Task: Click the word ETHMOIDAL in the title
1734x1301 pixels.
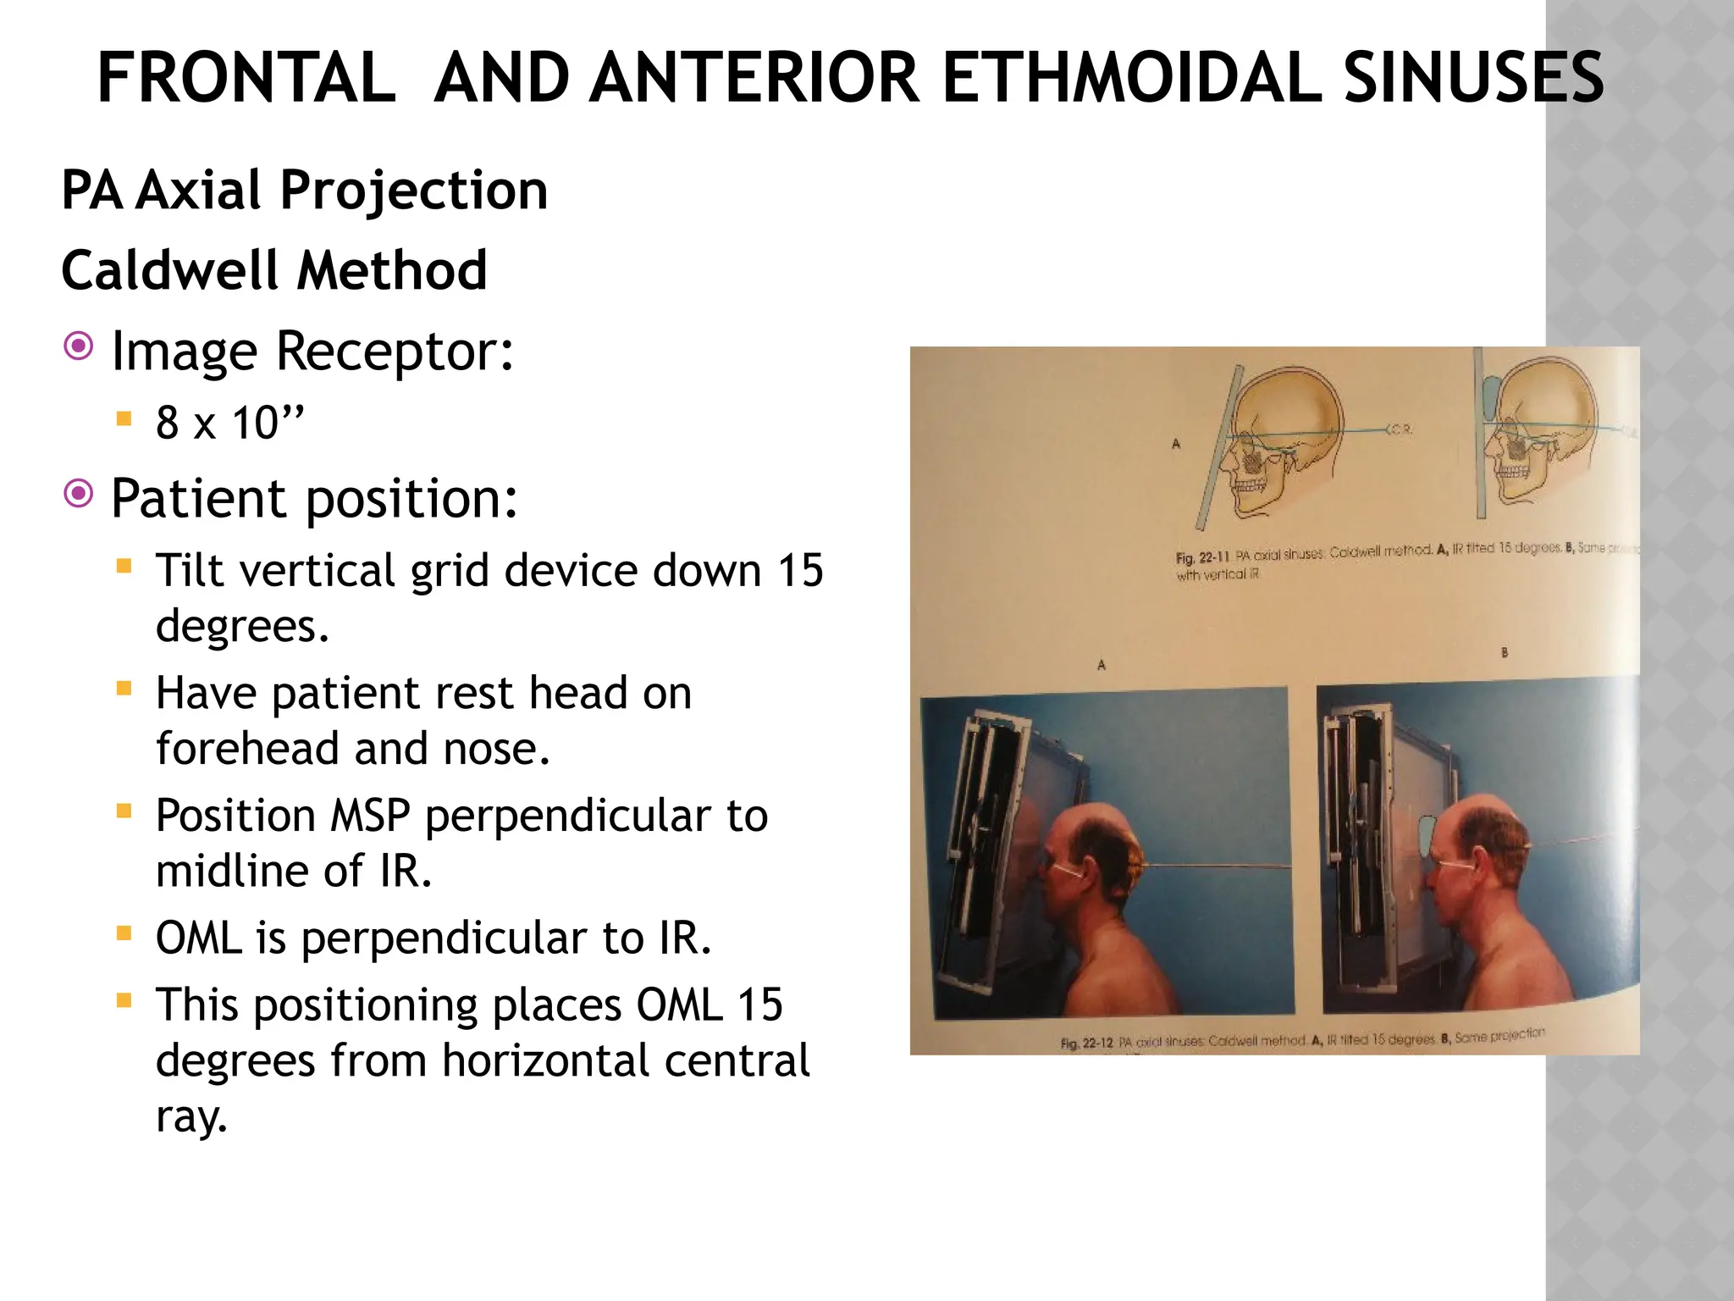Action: [1131, 78]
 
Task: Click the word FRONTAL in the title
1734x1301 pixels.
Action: [246, 78]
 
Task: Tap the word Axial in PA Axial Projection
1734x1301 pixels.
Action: [198, 190]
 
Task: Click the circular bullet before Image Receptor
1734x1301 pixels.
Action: [79, 346]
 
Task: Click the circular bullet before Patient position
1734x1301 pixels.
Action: [79, 493]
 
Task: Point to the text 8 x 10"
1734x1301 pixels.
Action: [229, 423]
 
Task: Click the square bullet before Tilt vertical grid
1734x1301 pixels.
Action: [124, 566]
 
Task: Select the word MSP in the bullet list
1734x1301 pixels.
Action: [369, 816]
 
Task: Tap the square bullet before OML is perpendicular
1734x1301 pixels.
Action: [124, 933]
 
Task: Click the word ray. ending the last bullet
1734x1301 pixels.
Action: [191, 1116]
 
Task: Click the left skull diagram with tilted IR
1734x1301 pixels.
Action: [1274, 440]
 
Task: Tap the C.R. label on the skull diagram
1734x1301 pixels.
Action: [1401, 429]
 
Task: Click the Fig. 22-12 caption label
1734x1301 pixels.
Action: [1087, 1043]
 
